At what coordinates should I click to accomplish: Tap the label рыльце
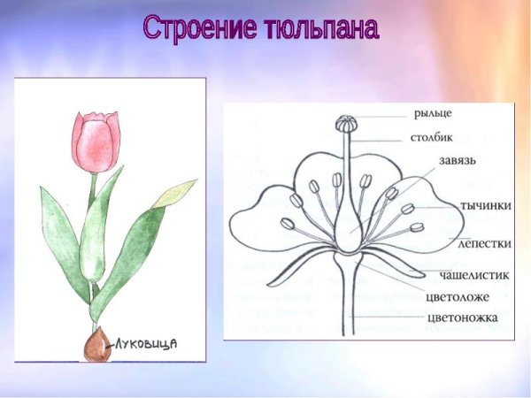[433, 113]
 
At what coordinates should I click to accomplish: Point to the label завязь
[458, 161]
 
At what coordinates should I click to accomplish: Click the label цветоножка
[466, 317]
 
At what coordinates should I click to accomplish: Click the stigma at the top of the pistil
[343, 122]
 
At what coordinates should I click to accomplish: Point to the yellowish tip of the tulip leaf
[175, 193]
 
